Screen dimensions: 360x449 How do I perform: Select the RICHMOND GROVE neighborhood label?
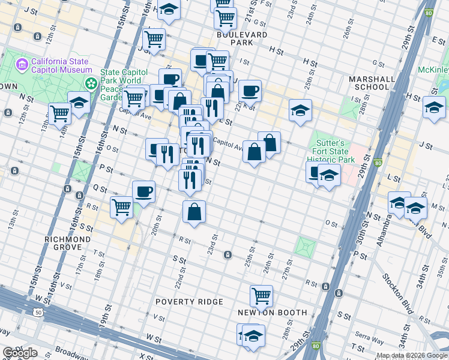tap(67, 243)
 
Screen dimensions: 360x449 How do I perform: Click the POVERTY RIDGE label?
tap(189, 301)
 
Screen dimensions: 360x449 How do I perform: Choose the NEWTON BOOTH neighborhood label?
tap(272, 313)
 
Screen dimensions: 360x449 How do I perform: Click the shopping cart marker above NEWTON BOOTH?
tap(261, 295)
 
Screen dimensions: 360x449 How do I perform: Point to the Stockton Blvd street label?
tap(397, 294)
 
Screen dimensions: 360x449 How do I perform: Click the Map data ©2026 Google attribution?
tap(412, 355)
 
